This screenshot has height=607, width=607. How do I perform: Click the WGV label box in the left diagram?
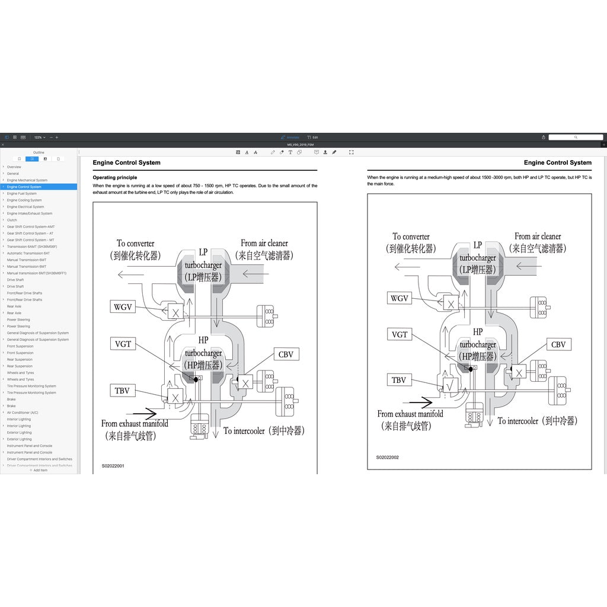point(123,306)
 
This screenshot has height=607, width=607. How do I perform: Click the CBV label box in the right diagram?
point(558,344)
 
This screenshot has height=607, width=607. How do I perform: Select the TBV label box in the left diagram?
point(122,390)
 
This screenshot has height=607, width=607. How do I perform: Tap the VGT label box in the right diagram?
point(400,334)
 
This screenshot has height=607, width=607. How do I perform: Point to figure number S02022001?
point(113,466)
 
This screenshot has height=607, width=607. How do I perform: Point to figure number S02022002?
point(387,457)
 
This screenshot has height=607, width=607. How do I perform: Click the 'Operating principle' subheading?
point(115,177)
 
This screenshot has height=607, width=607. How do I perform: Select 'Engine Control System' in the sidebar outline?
point(24,187)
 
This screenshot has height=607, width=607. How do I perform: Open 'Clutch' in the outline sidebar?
point(12,220)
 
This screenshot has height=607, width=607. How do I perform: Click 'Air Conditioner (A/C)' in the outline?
point(23,413)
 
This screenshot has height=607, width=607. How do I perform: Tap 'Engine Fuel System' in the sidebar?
point(22,193)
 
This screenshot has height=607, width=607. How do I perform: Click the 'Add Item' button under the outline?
point(39,470)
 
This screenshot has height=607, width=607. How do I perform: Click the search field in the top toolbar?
point(575,137)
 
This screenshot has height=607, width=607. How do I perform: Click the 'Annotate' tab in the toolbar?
point(290,137)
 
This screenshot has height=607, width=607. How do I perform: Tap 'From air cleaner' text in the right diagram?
point(538,236)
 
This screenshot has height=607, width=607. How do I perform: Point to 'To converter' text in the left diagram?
point(135,243)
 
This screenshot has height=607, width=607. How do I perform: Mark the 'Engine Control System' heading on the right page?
point(557,162)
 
